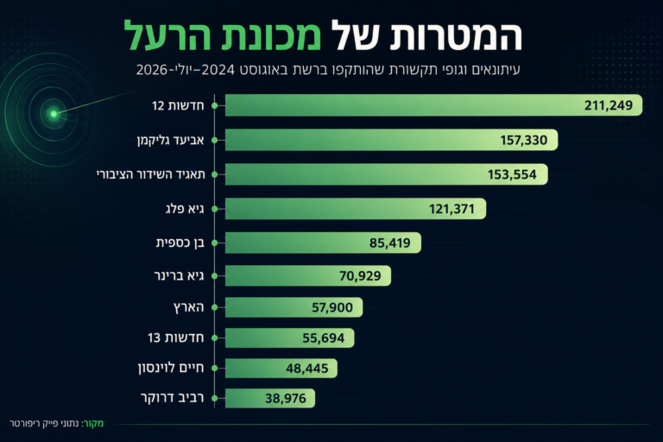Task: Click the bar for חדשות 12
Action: (x=434, y=105)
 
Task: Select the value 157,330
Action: (x=523, y=140)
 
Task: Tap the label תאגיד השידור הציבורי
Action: (x=150, y=174)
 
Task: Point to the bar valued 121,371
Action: (x=356, y=209)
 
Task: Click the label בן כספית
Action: (x=180, y=243)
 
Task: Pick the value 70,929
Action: (x=360, y=275)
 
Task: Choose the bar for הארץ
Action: (x=294, y=307)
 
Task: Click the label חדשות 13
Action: (x=176, y=338)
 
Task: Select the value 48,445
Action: (x=307, y=369)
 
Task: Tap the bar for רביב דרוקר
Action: (x=269, y=398)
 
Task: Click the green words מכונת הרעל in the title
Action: (x=223, y=36)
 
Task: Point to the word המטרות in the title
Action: (x=456, y=36)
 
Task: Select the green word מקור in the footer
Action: (x=93, y=423)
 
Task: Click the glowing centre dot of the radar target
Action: (x=54, y=114)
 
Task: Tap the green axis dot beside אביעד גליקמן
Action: (x=215, y=140)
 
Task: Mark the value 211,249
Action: (x=609, y=105)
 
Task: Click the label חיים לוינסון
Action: (x=171, y=368)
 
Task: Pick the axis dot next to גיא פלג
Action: (x=215, y=209)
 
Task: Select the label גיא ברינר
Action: (x=180, y=275)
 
